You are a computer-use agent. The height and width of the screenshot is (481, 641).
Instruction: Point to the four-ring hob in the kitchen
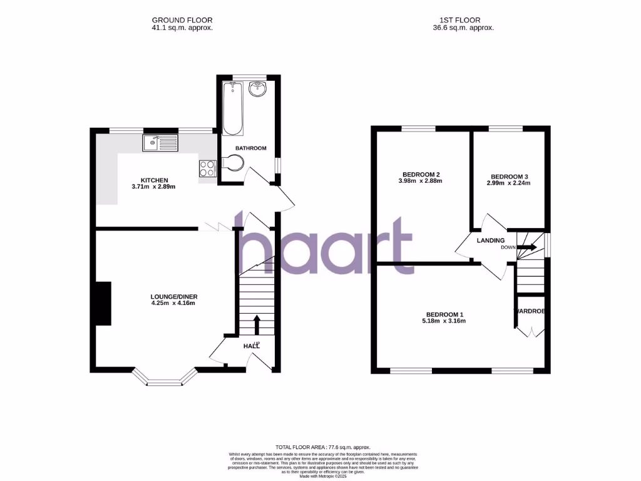(x=207, y=168)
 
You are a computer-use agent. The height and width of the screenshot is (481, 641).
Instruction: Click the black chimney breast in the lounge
(x=103, y=304)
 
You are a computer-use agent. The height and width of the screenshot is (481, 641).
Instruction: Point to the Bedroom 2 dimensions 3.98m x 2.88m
(x=419, y=182)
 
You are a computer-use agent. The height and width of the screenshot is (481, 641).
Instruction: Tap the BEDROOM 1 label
(x=445, y=314)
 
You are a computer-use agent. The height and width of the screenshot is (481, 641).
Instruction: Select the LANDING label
(x=491, y=240)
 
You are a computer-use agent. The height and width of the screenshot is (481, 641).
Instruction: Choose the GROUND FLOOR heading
(x=182, y=20)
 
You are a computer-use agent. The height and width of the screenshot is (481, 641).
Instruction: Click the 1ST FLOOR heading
(x=464, y=20)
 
